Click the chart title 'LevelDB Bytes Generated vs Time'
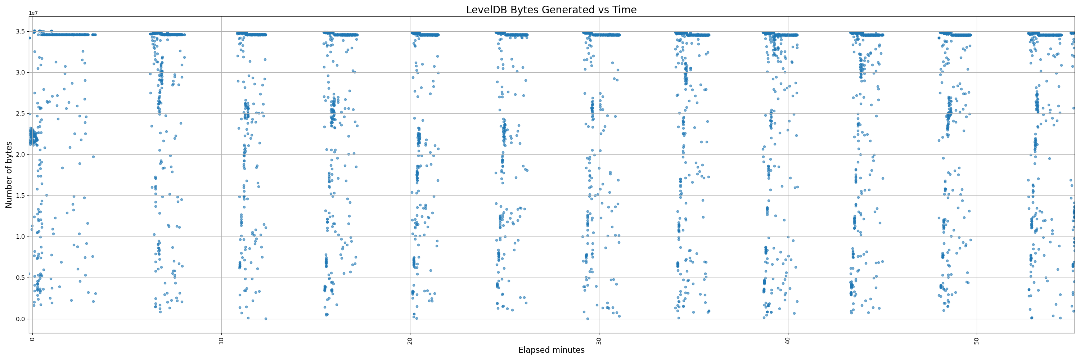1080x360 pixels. point(551,10)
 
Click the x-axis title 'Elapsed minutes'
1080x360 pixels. point(551,350)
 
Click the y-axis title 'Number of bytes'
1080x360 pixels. point(9,175)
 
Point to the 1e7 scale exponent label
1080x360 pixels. point(33,13)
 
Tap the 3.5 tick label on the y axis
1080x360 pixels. point(20,31)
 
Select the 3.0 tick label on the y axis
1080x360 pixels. point(20,72)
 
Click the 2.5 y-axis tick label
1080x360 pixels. point(20,113)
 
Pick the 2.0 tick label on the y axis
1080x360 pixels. point(20,155)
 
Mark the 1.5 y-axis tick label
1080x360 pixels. point(20,196)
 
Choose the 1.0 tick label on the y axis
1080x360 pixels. point(20,237)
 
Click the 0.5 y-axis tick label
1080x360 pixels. point(20,278)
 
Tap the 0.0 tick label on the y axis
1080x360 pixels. point(20,319)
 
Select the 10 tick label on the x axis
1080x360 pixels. point(221,340)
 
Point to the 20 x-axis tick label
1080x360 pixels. point(410,340)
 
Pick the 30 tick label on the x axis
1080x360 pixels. point(599,340)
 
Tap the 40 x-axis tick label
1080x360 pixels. point(788,340)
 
